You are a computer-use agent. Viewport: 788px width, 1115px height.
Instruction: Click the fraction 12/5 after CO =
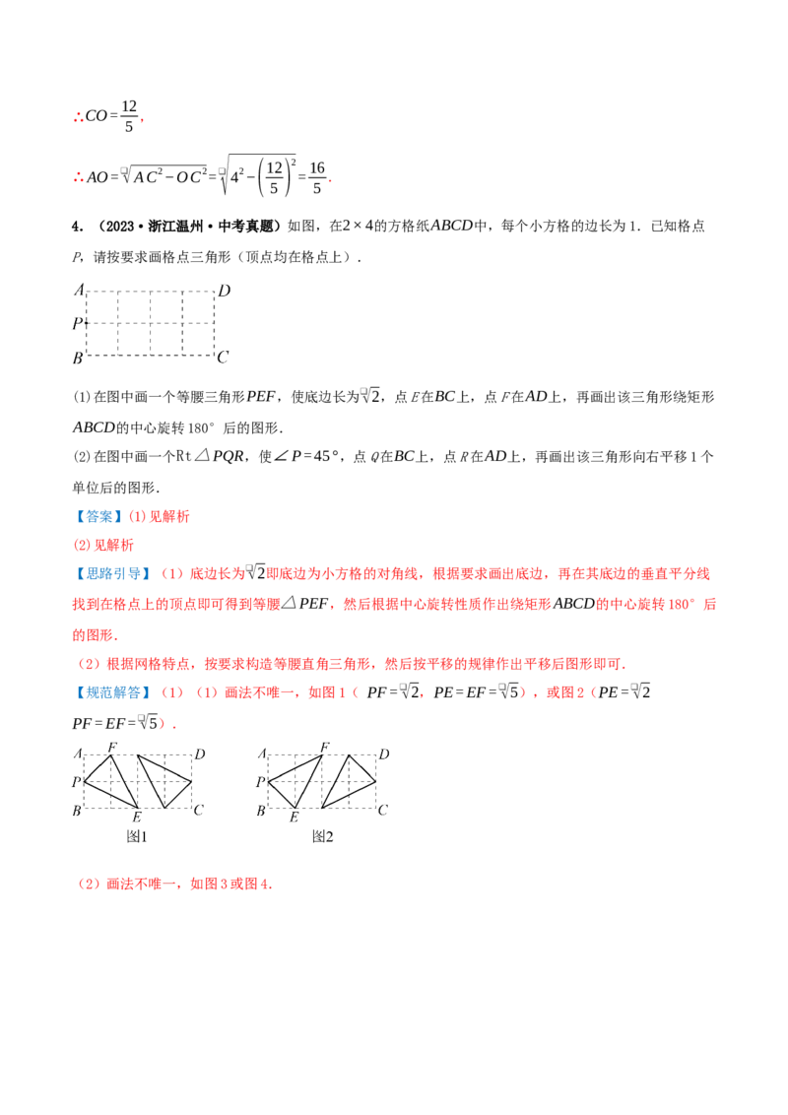[x=129, y=116]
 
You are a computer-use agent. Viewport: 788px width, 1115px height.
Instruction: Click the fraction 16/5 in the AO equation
[x=317, y=177]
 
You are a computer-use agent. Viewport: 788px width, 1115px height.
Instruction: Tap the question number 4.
[x=78, y=227]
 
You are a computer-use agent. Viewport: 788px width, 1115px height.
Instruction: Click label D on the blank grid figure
[x=224, y=291]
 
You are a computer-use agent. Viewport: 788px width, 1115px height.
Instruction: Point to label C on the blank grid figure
[x=223, y=357]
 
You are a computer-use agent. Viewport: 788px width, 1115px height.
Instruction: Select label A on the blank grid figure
[x=79, y=290]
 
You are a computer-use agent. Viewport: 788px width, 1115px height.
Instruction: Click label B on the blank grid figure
[x=78, y=359]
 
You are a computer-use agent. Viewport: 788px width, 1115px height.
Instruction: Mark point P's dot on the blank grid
[x=86, y=323]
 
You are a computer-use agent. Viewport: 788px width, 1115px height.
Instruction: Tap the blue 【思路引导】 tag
[x=111, y=574]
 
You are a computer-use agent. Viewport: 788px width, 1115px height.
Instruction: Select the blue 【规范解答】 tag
[x=111, y=691]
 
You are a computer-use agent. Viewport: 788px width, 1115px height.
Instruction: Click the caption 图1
[x=137, y=836]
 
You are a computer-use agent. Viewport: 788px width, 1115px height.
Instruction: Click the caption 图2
[x=322, y=836]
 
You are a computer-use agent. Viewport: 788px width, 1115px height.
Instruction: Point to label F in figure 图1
[x=111, y=747]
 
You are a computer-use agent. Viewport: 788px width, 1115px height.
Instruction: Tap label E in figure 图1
[x=137, y=818]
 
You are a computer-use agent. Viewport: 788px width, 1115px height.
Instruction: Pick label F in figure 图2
[x=324, y=747]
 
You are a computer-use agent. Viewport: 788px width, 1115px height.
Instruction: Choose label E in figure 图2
[x=294, y=818]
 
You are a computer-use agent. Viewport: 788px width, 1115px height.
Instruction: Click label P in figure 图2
[x=260, y=781]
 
